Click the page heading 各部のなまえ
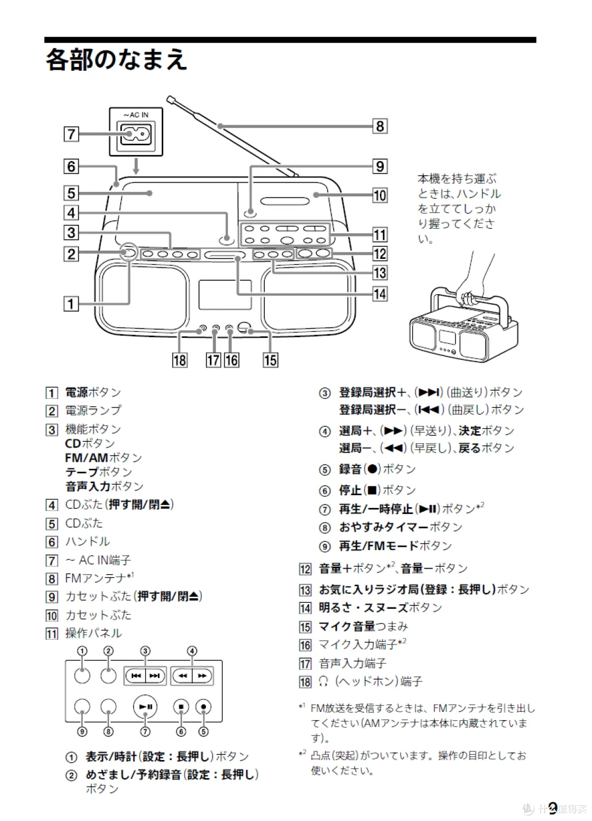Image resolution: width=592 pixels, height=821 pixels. pos(116,59)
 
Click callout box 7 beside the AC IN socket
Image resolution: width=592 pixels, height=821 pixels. pos(71,134)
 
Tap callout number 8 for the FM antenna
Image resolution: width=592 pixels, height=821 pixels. pos(380,126)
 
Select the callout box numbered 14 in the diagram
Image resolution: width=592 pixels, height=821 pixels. pos(380,294)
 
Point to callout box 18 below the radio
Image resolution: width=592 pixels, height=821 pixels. pos(180,360)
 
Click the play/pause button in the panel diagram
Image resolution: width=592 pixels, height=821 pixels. pos(145,707)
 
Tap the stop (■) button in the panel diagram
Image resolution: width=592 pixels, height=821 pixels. pos(181,707)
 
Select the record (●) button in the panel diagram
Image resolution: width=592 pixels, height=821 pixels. pos(203,707)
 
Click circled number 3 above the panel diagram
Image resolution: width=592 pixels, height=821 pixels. pos(145,651)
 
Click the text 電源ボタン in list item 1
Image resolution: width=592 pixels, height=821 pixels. pos(93,393)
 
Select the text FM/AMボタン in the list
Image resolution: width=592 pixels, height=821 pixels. pos(104,457)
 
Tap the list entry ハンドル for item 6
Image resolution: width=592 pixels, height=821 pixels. pos(88,542)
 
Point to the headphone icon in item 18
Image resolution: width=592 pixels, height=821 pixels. pos(323,682)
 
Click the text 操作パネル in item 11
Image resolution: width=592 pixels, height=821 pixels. pos(94,633)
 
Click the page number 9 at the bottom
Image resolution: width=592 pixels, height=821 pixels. pos(553,807)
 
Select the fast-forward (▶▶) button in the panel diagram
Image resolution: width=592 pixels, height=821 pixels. pos(202,676)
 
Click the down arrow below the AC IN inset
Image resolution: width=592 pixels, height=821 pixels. pos(136,166)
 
